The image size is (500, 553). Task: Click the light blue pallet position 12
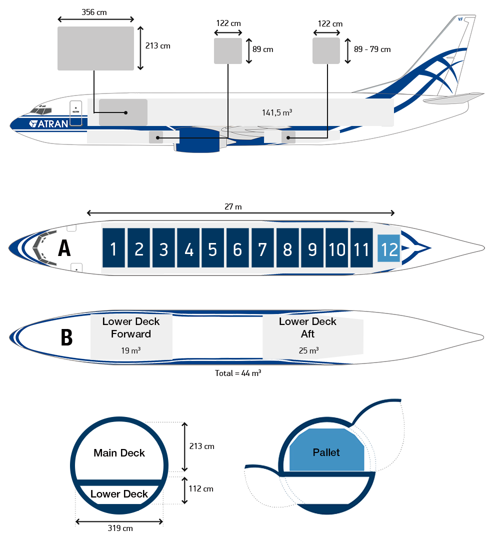388,248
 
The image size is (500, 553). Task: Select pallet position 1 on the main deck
113,247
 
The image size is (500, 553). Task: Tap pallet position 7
262,247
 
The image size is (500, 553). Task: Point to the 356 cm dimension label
94,12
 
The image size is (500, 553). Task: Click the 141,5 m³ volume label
277,112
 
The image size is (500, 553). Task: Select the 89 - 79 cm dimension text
372,49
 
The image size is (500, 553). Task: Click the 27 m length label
233,206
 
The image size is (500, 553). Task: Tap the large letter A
64,248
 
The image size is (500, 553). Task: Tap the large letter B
66,337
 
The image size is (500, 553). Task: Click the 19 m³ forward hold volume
131,350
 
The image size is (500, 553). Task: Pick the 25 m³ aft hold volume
308,350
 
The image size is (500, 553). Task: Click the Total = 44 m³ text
238,373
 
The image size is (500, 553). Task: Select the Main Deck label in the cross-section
119,453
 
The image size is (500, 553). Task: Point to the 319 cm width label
120,528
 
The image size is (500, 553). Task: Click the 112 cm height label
201,489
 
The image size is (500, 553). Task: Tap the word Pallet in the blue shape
326,452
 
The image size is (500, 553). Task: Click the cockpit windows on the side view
41,110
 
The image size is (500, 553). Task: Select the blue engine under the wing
197,140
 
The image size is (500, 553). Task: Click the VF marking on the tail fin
460,19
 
